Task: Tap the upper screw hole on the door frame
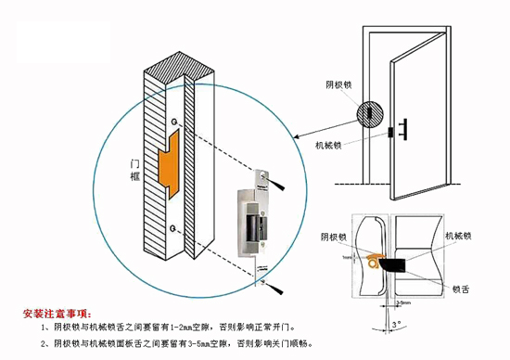click(x=173, y=122)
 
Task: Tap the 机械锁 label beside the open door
click(x=329, y=146)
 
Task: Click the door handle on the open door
click(x=406, y=128)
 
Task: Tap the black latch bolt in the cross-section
click(x=402, y=266)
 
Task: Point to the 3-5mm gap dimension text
click(x=404, y=302)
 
